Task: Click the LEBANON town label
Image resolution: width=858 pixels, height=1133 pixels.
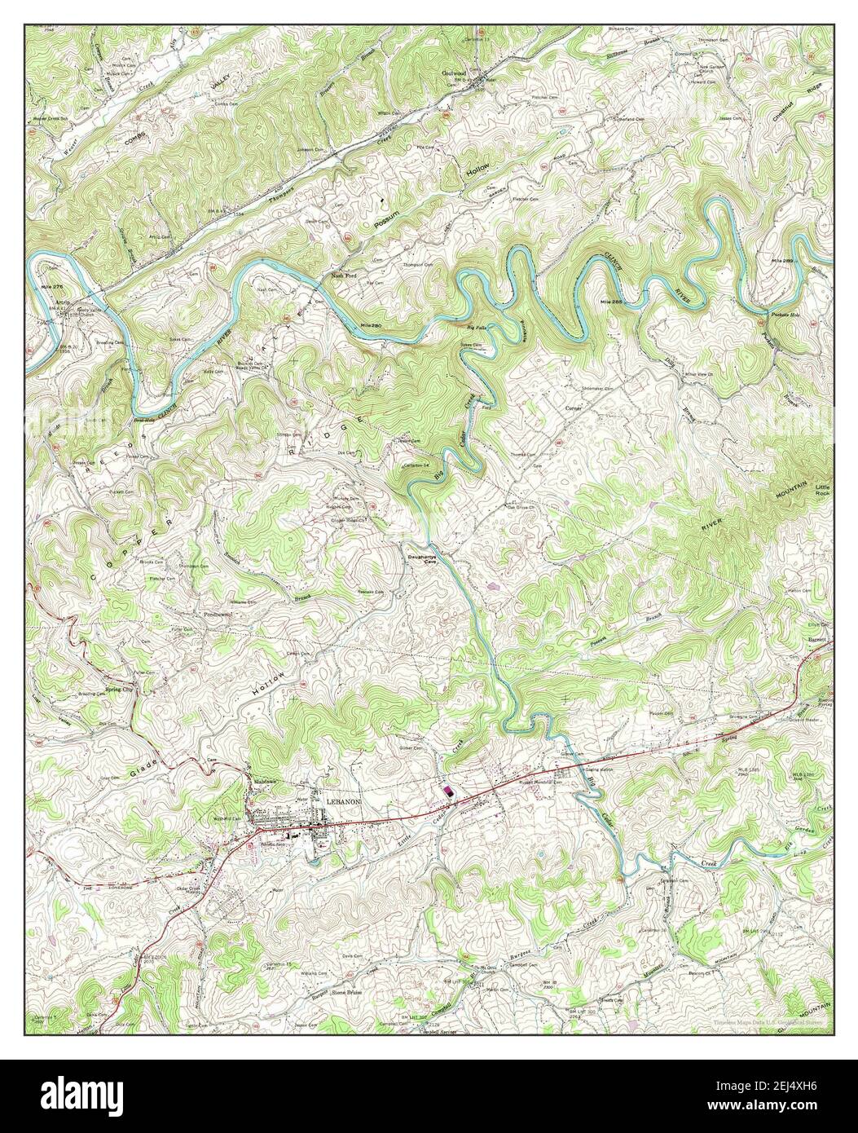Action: pyautogui.click(x=342, y=802)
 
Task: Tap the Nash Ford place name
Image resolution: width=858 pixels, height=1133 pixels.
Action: pyautogui.click(x=345, y=276)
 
